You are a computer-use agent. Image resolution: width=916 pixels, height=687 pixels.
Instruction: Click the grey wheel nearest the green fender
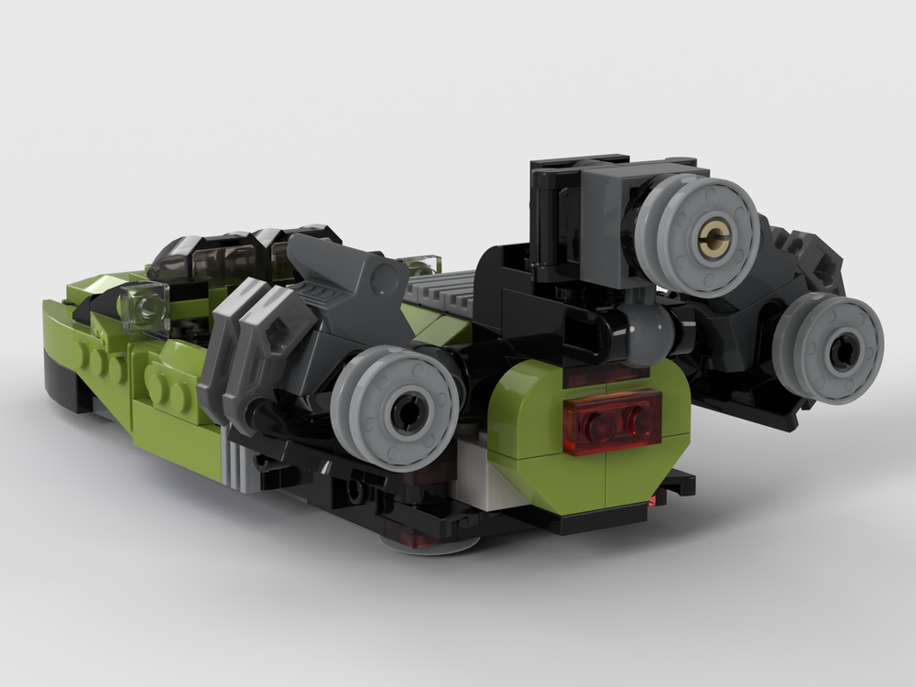[395, 408]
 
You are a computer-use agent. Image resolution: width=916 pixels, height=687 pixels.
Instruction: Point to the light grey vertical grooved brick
[239, 463]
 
